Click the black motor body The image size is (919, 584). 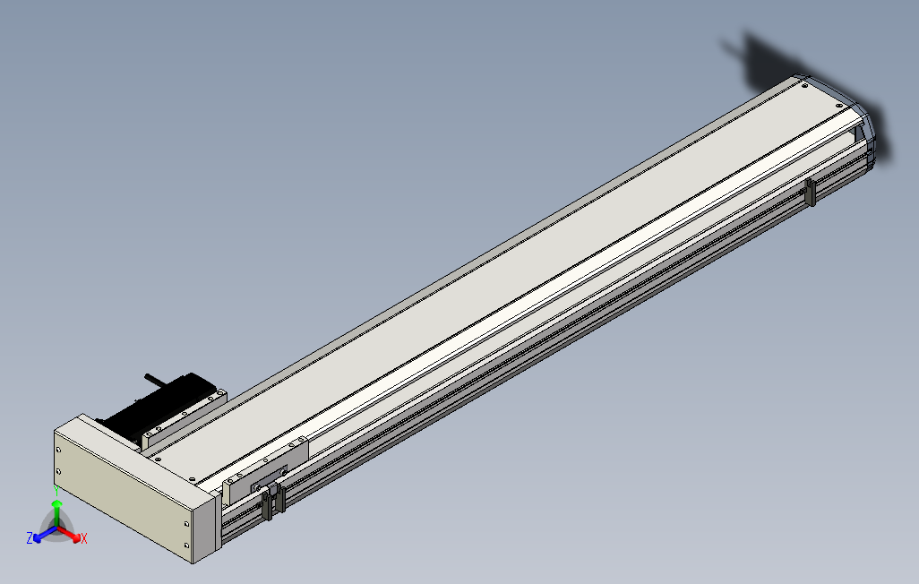pyautogui.click(x=159, y=403)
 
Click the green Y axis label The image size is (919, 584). pyautogui.click(x=56, y=490)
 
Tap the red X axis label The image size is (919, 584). pyautogui.click(x=84, y=538)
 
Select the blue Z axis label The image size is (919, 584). pyautogui.click(x=30, y=537)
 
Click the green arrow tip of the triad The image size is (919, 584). pyautogui.click(x=56, y=503)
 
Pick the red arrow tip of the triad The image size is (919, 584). pyautogui.click(x=77, y=537)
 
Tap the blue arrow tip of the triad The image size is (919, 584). pyautogui.click(x=38, y=537)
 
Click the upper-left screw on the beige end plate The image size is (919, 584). pyautogui.click(x=58, y=451)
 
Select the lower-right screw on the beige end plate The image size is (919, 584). pyautogui.click(x=187, y=545)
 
